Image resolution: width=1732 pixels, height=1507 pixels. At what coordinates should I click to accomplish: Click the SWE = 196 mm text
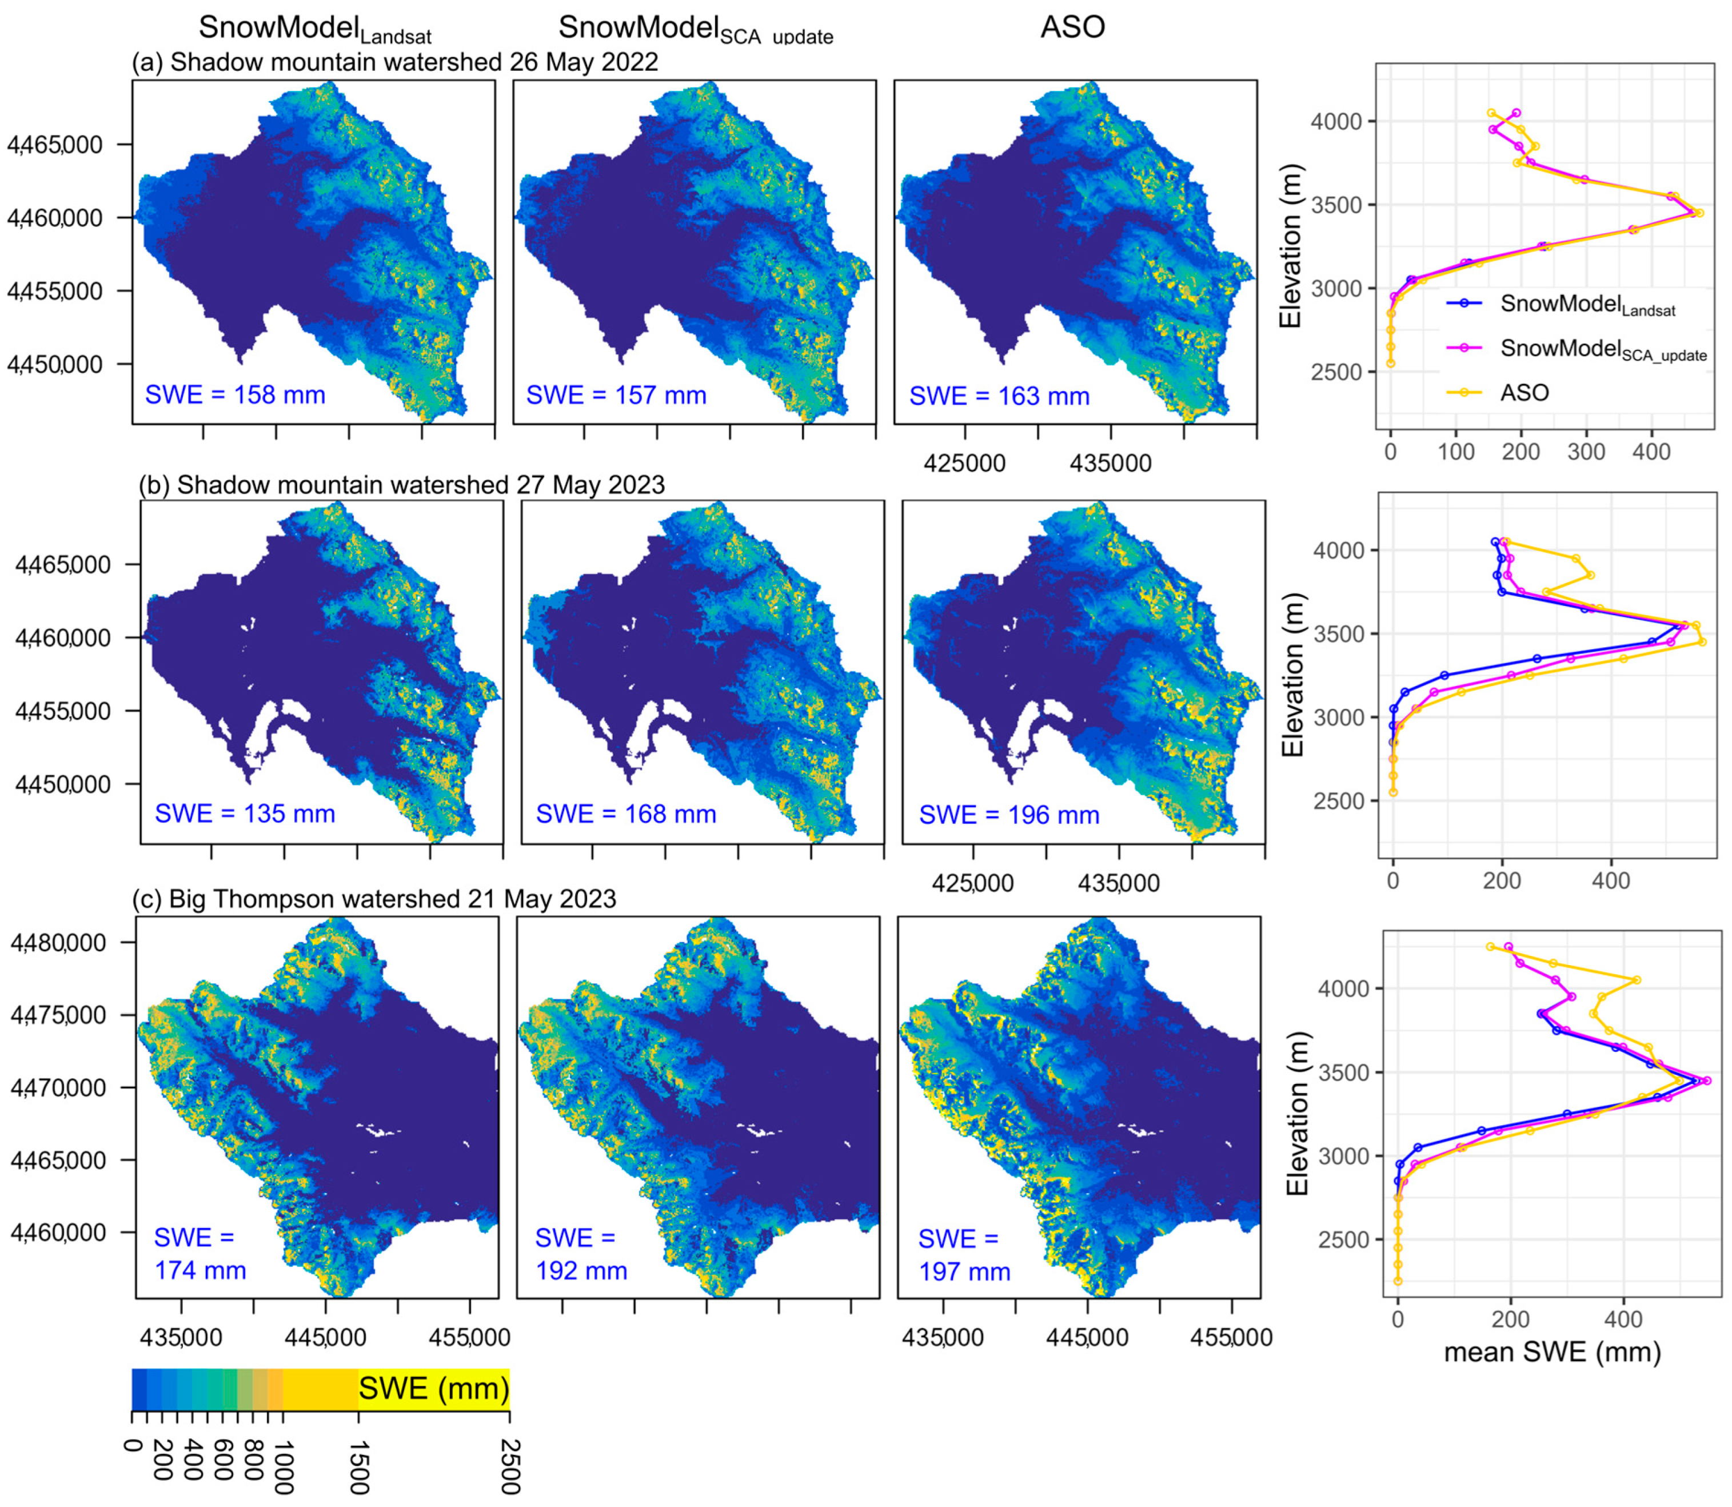[x=1009, y=814]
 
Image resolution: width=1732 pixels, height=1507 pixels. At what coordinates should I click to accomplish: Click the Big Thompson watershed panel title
[x=374, y=898]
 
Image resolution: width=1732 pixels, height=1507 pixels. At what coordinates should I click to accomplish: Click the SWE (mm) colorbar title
[x=434, y=1388]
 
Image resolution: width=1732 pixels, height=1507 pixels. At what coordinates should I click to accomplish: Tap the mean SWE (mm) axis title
[x=1552, y=1351]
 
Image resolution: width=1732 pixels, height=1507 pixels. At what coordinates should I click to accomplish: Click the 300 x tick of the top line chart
[x=1586, y=452]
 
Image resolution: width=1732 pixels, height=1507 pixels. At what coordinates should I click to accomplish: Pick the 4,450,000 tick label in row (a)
[x=55, y=364]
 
